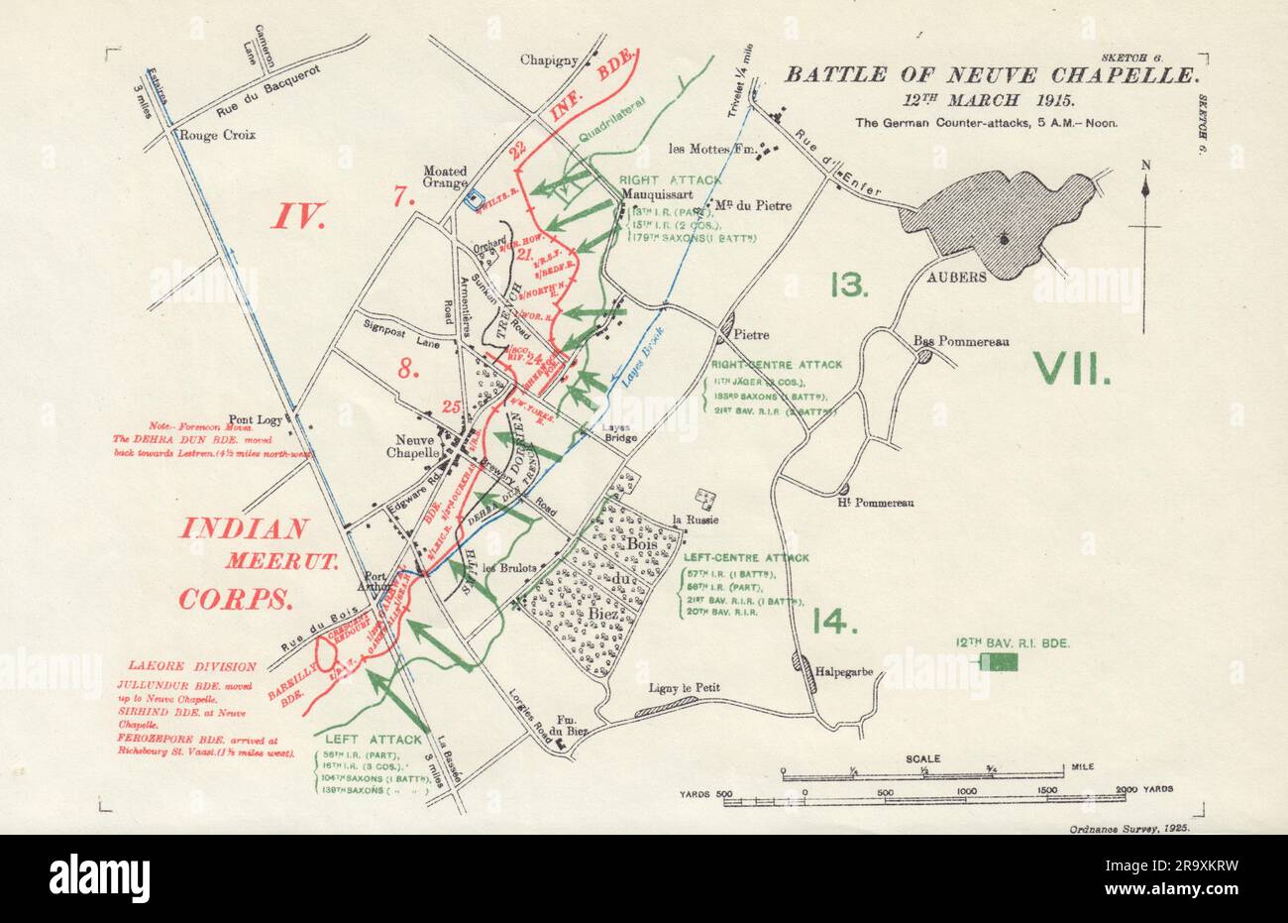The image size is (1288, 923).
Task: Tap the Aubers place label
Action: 956,277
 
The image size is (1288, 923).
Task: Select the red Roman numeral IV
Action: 300,215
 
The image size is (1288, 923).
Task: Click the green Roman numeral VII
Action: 1072,370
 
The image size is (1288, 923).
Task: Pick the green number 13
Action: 849,286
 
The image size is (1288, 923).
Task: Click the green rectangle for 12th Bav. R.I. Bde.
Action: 999,663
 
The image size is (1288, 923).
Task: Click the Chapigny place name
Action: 549,60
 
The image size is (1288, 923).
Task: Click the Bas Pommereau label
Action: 960,342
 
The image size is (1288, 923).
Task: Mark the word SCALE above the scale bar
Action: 923,758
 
